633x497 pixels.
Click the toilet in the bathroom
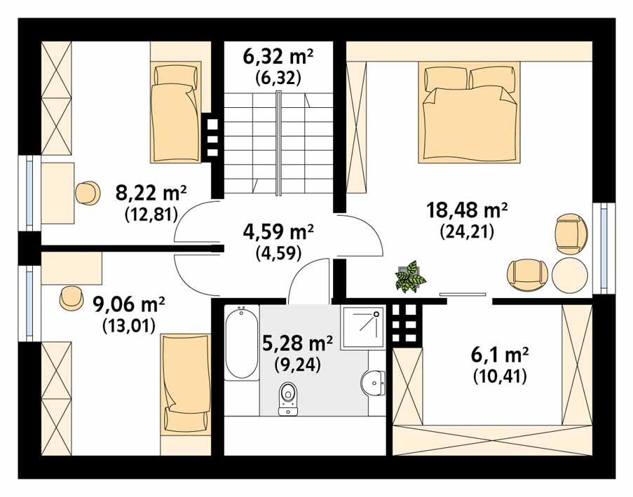[x=287, y=400]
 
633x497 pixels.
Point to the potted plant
[x=409, y=277]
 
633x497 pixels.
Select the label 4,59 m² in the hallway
[x=278, y=231]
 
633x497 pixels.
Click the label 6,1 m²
[x=499, y=355]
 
